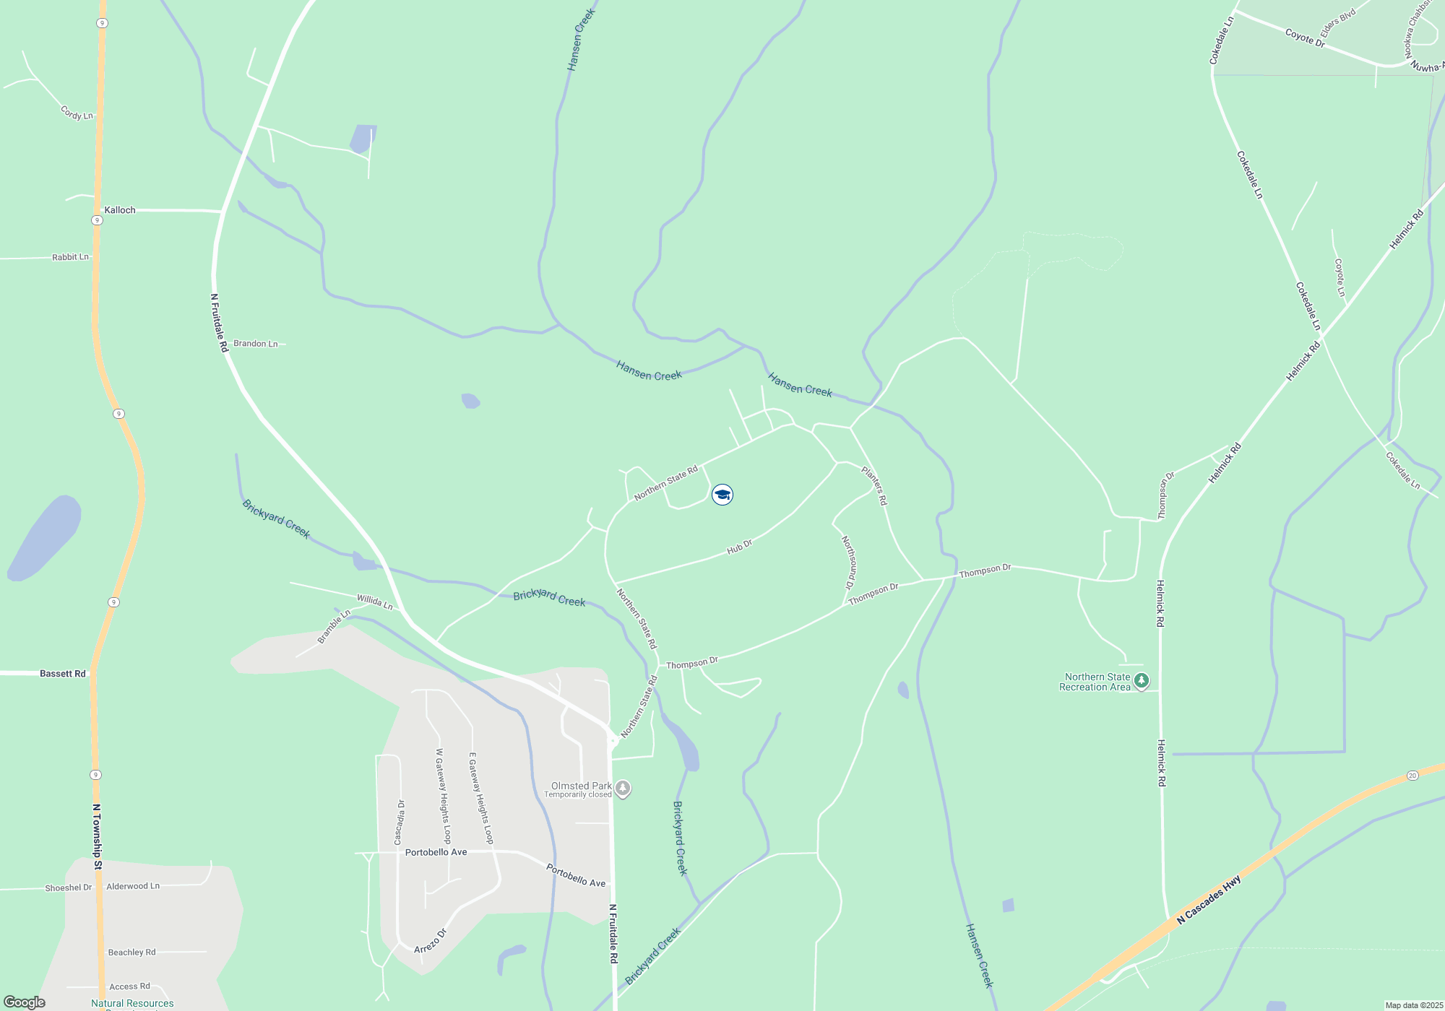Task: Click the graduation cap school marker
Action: point(722,495)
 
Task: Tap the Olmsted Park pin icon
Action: point(623,789)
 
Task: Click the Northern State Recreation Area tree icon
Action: point(1142,681)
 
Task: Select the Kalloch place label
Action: point(120,210)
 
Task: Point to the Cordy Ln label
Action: point(77,113)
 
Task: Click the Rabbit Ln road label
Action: point(70,257)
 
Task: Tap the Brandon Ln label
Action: point(256,344)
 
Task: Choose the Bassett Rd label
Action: point(63,674)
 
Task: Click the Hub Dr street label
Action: point(739,547)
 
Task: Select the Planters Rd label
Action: point(874,485)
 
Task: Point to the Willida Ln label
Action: point(374,602)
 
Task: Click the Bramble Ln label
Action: point(334,626)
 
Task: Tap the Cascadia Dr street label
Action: point(399,822)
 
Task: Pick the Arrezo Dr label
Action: point(431,941)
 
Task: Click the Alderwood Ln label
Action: point(133,886)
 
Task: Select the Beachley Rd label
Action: point(131,953)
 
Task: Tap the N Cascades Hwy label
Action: point(1209,900)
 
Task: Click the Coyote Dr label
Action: point(1305,38)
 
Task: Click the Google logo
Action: point(25,1002)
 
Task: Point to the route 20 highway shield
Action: point(1412,776)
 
